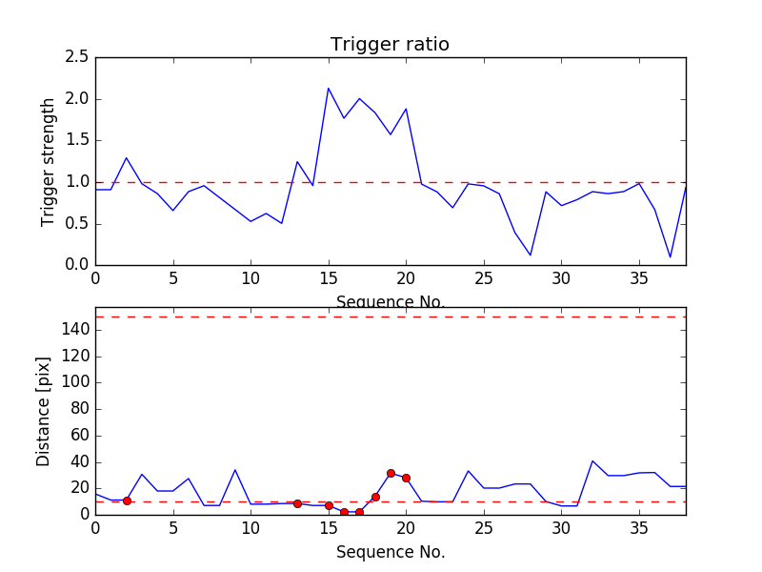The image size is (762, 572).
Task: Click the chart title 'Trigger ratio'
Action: pos(390,45)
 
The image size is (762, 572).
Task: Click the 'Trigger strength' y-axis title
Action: pos(49,161)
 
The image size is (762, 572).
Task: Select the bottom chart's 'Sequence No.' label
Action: pos(391,552)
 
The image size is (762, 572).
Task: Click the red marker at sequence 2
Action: pos(127,500)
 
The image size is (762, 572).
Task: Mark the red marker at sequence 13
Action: pos(297,503)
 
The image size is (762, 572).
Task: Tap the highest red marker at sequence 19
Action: pos(391,473)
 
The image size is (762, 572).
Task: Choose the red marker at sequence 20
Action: pos(406,478)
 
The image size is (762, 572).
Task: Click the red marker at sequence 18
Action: pos(375,497)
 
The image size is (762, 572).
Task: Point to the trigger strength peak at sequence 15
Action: pos(329,89)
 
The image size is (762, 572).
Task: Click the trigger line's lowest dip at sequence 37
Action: pos(671,256)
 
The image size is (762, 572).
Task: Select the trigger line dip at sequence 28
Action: pos(531,255)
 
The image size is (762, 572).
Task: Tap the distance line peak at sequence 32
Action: pos(592,460)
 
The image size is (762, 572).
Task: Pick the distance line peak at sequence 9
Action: pos(235,470)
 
